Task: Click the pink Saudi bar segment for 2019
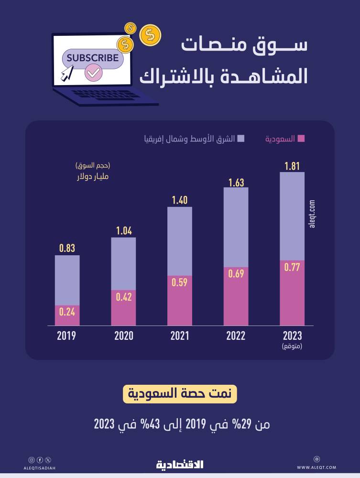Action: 67,315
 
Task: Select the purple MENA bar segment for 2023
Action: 292,216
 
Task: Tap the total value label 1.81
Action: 292,166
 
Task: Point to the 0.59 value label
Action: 180,282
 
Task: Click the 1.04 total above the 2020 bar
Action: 123,231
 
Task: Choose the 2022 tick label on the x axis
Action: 236,336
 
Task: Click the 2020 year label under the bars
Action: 123,336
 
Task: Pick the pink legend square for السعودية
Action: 301,139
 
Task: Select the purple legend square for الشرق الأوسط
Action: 240,139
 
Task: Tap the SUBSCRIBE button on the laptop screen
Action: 92,58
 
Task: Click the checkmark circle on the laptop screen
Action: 92,73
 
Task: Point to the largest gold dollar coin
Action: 150,35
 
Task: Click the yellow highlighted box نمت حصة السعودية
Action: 180,395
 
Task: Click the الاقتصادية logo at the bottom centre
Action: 180,464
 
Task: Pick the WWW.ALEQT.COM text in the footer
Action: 316,467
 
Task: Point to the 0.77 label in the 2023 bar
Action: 292,268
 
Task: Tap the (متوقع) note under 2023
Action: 292,346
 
